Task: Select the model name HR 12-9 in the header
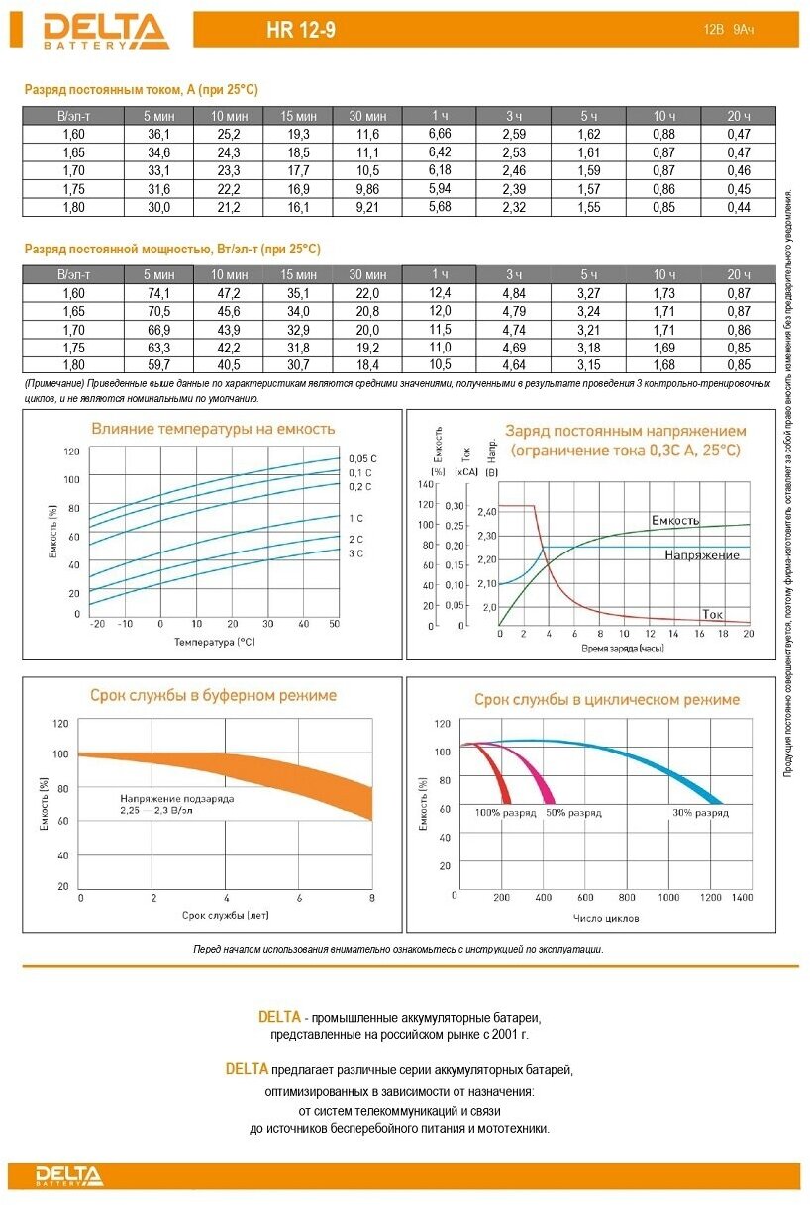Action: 301,31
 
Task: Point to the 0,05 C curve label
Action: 361,458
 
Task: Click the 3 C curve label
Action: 355,553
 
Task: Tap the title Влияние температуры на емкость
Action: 213,430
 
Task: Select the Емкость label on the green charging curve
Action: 675,520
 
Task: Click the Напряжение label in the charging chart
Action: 702,555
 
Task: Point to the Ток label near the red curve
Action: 712,614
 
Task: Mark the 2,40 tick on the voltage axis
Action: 486,512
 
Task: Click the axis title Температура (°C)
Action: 215,642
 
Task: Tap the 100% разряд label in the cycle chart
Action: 505,813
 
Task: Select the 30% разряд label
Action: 699,813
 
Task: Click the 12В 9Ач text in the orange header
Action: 728,31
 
